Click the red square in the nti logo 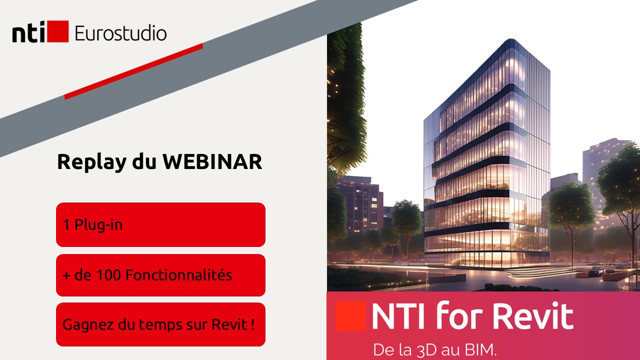click(57, 31)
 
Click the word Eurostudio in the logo click(120, 33)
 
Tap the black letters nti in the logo click(28, 32)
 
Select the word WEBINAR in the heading click(212, 161)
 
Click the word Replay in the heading click(91, 163)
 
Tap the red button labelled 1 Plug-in click(160, 225)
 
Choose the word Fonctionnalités click(179, 275)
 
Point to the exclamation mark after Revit click(252, 324)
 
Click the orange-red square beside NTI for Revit click(350, 316)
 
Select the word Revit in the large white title click(533, 316)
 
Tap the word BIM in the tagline click(481, 349)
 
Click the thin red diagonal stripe click(133, 71)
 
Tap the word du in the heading click(144, 161)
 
